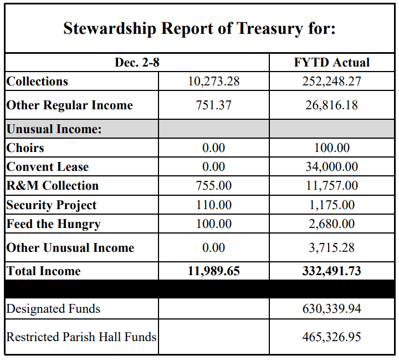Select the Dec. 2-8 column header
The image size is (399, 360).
(x=137, y=63)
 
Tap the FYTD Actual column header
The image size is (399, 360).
(x=331, y=63)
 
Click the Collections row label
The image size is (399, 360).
(x=37, y=81)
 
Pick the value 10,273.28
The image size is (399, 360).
(x=213, y=81)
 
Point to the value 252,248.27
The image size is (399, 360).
(x=331, y=81)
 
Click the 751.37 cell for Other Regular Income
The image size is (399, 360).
(x=213, y=105)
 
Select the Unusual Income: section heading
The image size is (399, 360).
(x=54, y=129)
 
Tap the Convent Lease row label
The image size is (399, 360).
(x=48, y=166)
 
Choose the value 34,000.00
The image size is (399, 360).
(x=331, y=166)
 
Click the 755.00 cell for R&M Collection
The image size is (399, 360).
(x=213, y=186)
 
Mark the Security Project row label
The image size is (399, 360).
(x=52, y=205)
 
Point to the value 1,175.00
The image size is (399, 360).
(x=331, y=205)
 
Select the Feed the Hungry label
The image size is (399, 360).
(x=53, y=224)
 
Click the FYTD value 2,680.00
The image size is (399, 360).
(x=331, y=224)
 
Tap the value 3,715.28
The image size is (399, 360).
(x=331, y=247)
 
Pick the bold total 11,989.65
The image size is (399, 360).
(x=213, y=271)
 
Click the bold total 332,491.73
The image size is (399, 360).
(x=331, y=271)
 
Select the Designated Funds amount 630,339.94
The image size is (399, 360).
(x=331, y=308)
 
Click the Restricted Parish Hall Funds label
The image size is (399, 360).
(x=81, y=336)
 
